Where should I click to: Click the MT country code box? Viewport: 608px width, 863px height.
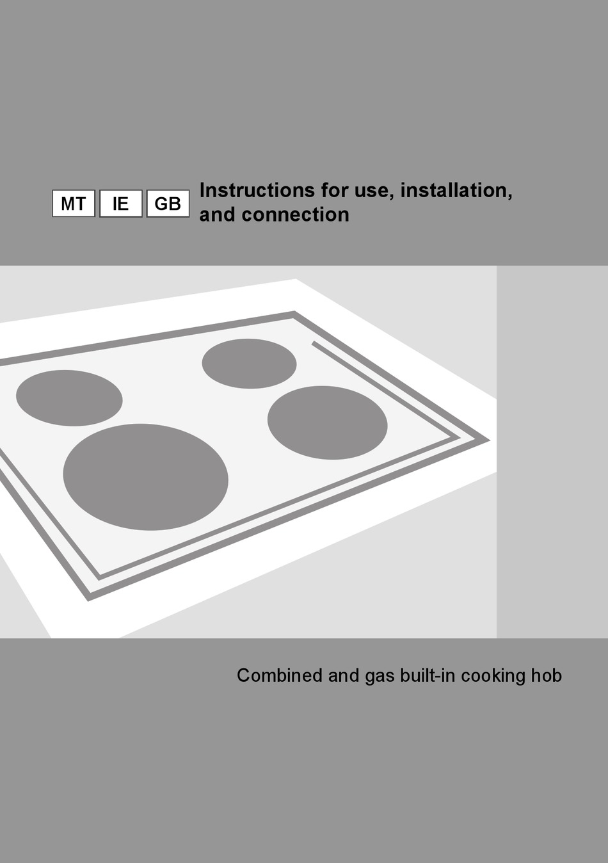pos(74,204)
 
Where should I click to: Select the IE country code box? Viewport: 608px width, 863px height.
pos(120,204)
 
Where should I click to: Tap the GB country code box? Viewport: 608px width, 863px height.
pos(168,204)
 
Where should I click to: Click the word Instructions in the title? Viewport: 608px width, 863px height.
pos(257,190)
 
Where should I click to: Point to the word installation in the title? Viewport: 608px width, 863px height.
pos(456,190)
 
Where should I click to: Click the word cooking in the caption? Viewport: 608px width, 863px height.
pos(493,675)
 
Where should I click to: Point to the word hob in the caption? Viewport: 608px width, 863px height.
pos(547,675)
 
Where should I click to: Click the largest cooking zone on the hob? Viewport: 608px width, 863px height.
pos(145,477)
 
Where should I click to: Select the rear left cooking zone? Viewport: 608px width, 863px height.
pos(69,398)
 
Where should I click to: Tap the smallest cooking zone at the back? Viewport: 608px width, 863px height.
pos(249,364)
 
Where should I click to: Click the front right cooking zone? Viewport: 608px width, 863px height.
pos(327,423)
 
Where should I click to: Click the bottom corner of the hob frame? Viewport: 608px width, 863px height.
pos(90,597)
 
